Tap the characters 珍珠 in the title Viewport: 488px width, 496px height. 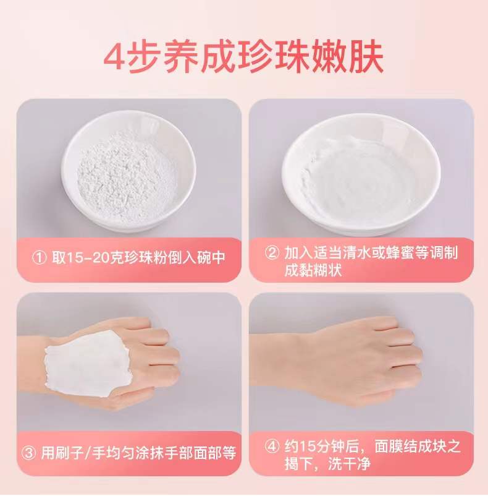tap(271, 58)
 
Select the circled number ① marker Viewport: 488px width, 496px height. tap(40, 257)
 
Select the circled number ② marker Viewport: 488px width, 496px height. tap(272, 253)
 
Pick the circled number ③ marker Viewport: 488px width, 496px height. tap(29, 453)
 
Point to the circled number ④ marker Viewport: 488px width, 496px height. tap(272, 447)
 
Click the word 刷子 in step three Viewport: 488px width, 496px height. tap(70, 453)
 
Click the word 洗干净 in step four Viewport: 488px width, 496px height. tap(349, 464)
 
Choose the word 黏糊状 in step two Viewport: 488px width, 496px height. tap(313, 270)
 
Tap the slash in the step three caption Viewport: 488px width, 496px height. tap(88, 453)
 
